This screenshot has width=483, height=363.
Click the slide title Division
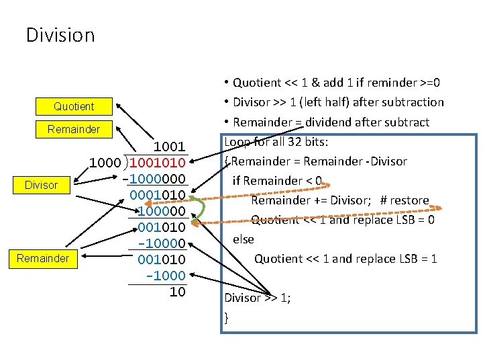click(x=60, y=34)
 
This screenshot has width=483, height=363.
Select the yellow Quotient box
click(x=74, y=106)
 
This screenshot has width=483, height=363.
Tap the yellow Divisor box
click(x=41, y=185)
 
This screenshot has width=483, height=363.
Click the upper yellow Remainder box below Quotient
click(x=74, y=129)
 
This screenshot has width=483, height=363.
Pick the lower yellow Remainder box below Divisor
click(x=42, y=258)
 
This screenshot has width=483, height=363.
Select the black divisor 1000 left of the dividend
click(x=105, y=163)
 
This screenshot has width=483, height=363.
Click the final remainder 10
click(x=177, y=292)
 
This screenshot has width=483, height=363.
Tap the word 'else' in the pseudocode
click(x=244, y=239)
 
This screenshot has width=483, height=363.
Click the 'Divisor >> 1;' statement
click(x=258, y=298)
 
